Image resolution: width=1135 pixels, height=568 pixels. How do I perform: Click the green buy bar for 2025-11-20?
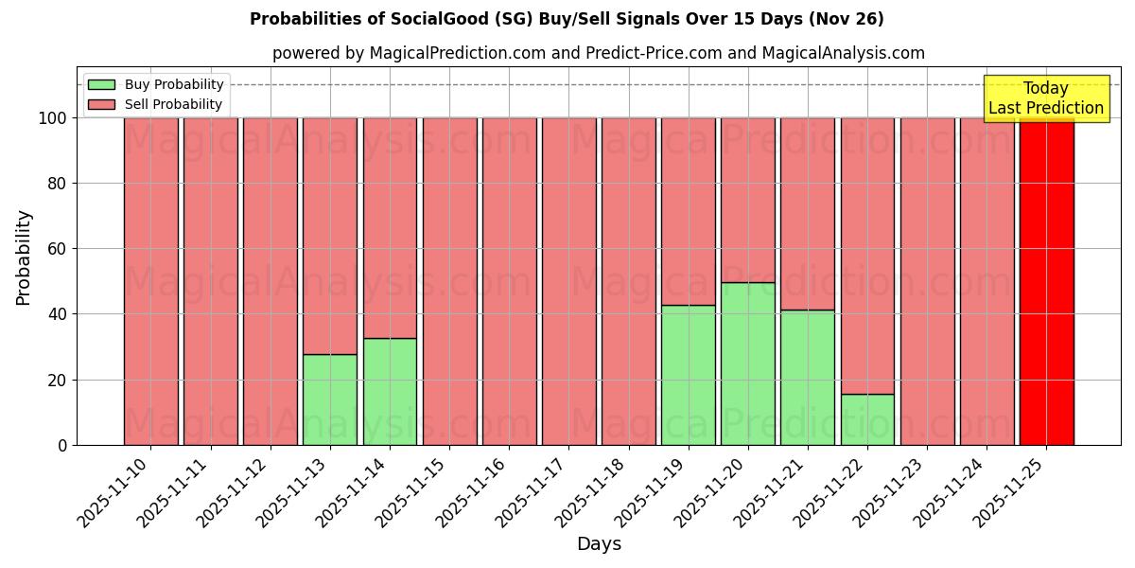click(x=747, y=364)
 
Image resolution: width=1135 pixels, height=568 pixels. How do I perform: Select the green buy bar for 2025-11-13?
click(x=330, y=399)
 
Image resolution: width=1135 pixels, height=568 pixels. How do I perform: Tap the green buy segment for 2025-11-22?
click(x=867, y=419)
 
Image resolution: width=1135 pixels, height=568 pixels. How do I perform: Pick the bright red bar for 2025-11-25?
click(x=1046, y=281)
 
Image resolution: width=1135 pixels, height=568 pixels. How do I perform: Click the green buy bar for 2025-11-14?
click(x=390, y=391)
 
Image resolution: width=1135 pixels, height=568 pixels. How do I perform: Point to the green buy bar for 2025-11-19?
click(x=688, y=375)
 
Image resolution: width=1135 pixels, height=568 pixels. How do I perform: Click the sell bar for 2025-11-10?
click(x=151, y=281)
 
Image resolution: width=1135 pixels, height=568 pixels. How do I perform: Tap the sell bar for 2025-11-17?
click(x=568, y=281)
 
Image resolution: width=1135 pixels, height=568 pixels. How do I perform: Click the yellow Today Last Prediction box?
click(x=1046, y=98)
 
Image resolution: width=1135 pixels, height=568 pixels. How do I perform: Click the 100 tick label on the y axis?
click(x=54, y=118)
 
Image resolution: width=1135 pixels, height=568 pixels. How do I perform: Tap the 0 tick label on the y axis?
click(x=63, y=445)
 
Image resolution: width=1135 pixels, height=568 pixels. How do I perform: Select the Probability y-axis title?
click(x=24, y=257)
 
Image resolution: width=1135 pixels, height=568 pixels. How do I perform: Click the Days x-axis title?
click(x=599, y=544)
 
